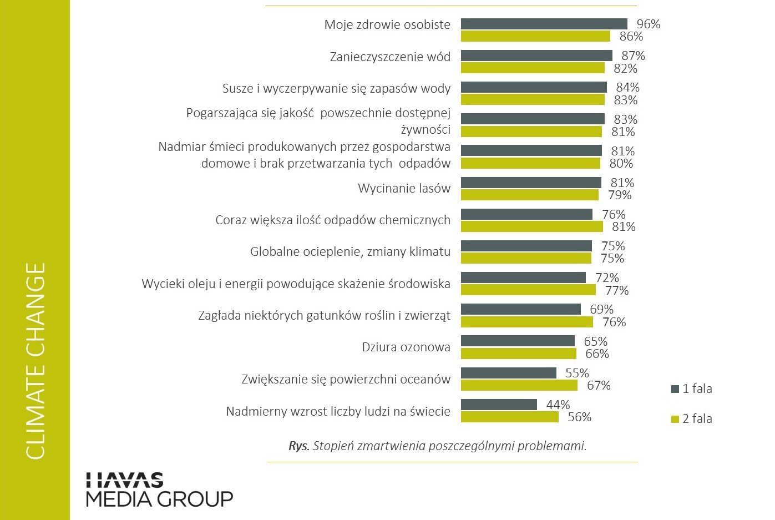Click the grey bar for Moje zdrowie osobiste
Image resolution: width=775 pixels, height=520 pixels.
coord(544,24)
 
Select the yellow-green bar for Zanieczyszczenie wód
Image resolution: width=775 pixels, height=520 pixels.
coord(533,68)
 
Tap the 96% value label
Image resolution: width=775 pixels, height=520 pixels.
coord(649,24)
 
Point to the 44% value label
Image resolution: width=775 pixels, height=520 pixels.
coord(558,405)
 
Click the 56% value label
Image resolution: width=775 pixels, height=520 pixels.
coord(580,417)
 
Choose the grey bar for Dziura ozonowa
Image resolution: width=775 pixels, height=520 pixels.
coord(518,341)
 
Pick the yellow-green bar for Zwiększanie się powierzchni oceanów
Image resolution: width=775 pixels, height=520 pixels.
coord(519,385)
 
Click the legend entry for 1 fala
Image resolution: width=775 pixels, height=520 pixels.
coord(692,389)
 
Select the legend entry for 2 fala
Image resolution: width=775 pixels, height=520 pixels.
coord(692,419)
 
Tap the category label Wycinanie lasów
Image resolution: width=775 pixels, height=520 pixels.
coord(404,188)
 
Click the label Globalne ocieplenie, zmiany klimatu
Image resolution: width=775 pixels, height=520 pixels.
coord(350,252)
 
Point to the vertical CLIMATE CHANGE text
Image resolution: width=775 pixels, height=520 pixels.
coord(36,361)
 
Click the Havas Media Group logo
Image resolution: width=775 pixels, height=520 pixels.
coord(160,489)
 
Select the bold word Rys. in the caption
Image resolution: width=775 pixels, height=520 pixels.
coord(299,446)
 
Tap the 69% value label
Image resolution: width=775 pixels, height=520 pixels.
coord(601,309)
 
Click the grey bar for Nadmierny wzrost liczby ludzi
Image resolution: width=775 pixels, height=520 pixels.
coord(499,405)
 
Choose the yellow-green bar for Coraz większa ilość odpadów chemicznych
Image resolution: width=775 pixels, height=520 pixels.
coord(532,226)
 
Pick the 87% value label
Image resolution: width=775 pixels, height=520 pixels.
coord(633,55)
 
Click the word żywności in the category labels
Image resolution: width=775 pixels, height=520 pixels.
coord(426,130)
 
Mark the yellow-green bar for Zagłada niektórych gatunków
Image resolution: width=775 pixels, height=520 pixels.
coord(527,322)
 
